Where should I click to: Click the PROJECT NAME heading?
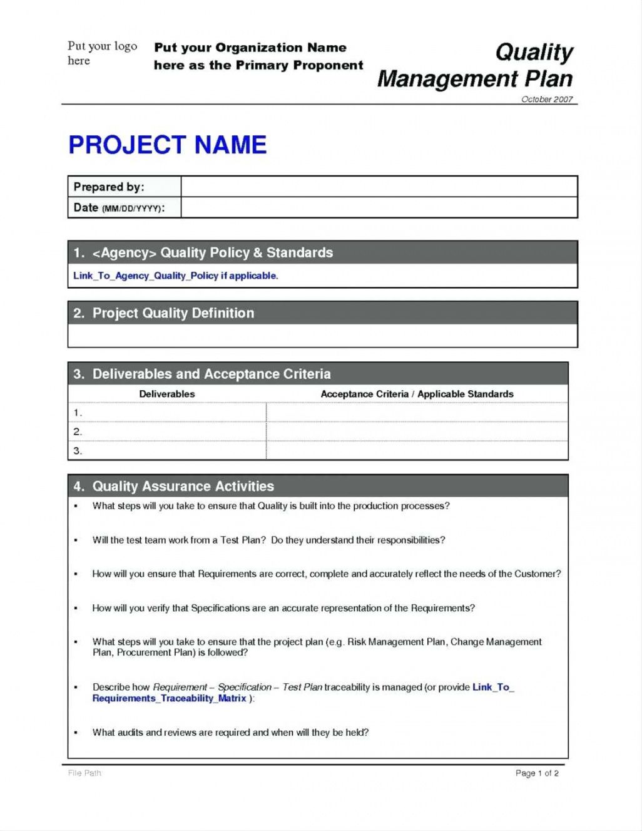pos(167,145)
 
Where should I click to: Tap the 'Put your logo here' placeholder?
pos(102,53)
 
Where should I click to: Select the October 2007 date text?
pos(546,100)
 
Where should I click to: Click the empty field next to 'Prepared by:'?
pos(379,187)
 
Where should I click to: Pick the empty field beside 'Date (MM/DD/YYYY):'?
pos(379,208)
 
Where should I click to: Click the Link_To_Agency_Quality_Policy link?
pos(146,276)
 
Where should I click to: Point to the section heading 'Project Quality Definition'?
pos(173,313)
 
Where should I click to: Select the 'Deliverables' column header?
pos(166,394)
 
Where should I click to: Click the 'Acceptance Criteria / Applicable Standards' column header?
pos(417,394)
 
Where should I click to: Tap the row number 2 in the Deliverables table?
pos(78,431)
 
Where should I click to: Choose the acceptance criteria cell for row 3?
pos(417,450)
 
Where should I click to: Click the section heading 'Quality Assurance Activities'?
pos(183,487)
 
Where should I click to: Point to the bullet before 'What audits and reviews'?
pos(76,733)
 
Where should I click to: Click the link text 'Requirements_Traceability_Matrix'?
pos(169,698)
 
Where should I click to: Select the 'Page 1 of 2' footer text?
pos(537,773)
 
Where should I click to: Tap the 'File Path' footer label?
pos(84,773)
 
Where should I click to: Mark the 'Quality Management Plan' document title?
pos(476,66)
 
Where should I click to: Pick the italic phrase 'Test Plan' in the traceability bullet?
pos(302,687)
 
